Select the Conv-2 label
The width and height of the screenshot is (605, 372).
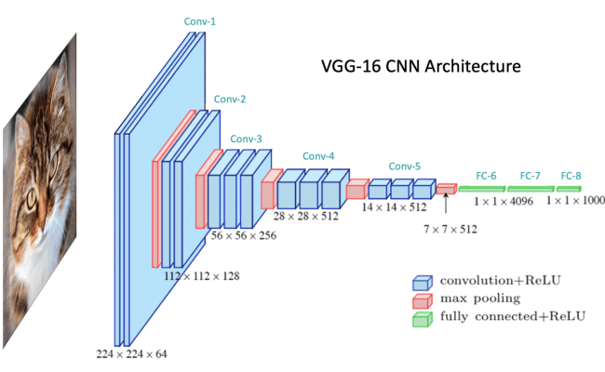[230, 99]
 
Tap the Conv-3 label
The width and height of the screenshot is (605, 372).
[247, 138]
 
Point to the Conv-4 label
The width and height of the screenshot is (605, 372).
[318, 156]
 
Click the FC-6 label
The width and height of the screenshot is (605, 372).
[487, 175]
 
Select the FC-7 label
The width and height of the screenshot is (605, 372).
[530, 175]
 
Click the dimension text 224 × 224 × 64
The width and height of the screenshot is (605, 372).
[132, 353]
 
